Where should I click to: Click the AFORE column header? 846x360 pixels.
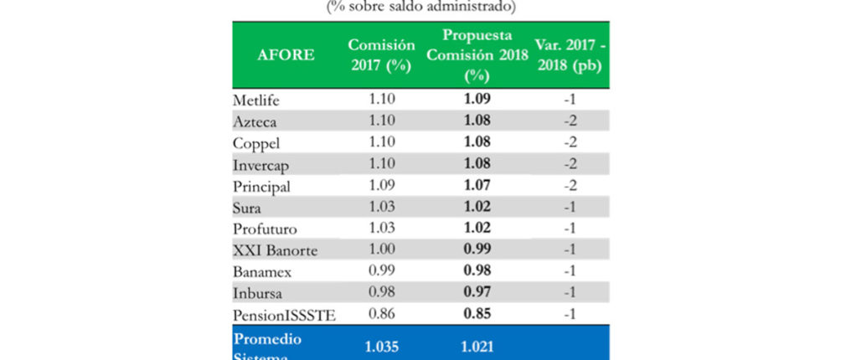pos(286,55)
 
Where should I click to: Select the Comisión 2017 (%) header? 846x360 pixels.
pos(382,55)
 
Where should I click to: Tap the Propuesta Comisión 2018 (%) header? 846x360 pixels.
pos(477,55)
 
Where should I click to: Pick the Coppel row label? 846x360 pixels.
pos(253,143)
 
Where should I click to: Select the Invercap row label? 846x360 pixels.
pos(260,165)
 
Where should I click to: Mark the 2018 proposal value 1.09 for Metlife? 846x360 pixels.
pos(477,99)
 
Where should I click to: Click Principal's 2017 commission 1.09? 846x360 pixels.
pos(381,186)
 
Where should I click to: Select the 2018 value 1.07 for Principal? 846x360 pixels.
pos(477,186)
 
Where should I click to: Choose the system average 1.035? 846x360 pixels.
pos(381,345)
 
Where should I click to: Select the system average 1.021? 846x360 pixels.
pos(477,345)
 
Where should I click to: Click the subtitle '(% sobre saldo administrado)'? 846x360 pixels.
pos(422,8)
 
